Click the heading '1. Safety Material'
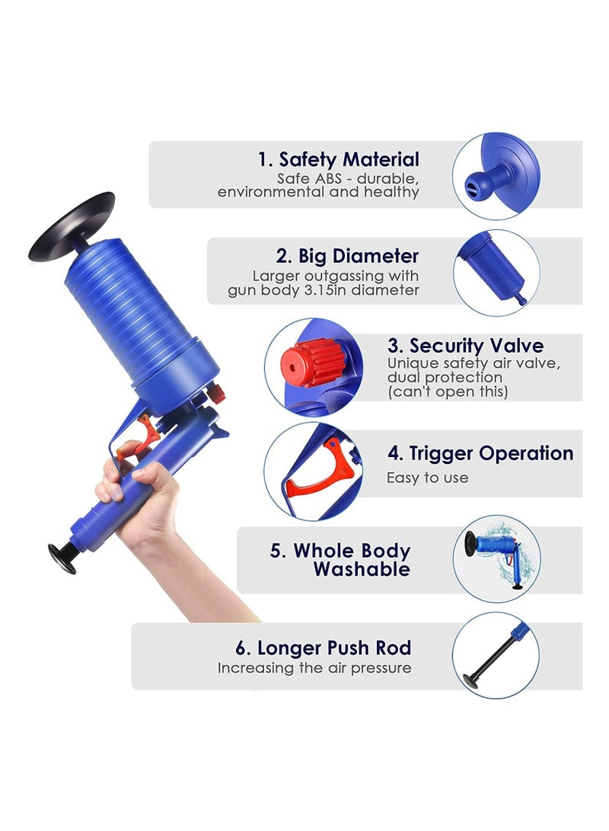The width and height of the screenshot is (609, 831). pos(338,160)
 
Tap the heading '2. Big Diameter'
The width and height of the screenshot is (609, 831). pos(347,256)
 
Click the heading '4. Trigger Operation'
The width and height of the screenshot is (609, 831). pos(480,454)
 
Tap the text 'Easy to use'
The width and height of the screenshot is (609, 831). pos(427,478)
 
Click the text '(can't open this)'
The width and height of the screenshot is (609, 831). pos(447,392)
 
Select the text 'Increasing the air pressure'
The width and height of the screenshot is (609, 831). pos(314,668)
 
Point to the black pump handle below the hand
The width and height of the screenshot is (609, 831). pos(62,556)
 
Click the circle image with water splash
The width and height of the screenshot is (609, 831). pos(496,558)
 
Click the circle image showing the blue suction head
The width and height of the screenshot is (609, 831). pos(496,176)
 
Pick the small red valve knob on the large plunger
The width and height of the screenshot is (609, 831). pos(217,395)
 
